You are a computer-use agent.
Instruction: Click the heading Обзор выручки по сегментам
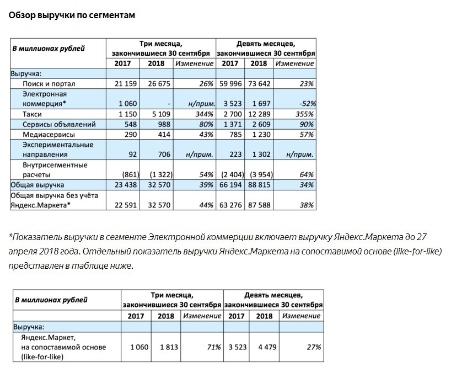tap(72, 15)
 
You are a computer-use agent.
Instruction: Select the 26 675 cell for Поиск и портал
tap(160, 84)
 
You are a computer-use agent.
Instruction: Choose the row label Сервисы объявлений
tap(60, 124)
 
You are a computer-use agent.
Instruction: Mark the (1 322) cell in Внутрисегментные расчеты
tap(159, 175)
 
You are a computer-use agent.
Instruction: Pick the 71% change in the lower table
tap(213, 347)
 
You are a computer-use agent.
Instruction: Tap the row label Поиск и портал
tap(49, 84)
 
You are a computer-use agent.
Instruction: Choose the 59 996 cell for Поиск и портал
tap(230, 84)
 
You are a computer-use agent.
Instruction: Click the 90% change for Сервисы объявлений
tap(307, 124)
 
